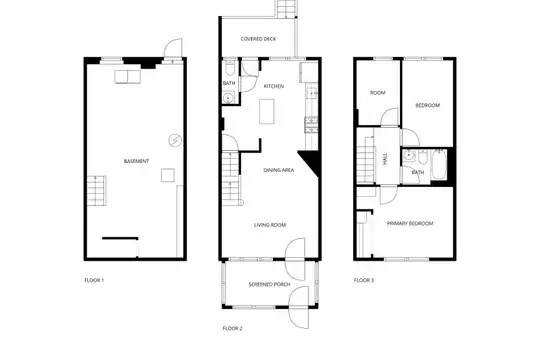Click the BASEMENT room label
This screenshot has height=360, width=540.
[136, 161]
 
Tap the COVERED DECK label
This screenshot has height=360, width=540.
[258, 39]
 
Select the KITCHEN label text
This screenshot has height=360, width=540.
[274, 86]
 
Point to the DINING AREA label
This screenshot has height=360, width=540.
[279, 170]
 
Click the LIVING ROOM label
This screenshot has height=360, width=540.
[270, 225]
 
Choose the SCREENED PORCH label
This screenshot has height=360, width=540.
[269, 285]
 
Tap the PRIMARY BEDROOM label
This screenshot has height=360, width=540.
[410, 224]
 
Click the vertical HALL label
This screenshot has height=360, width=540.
[385, 158]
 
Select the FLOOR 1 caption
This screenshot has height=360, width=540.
[94, 280]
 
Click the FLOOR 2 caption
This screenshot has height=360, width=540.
[232, 329]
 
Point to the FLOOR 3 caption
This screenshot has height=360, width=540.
[364, 280]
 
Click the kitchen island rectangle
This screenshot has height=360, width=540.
[267, 111]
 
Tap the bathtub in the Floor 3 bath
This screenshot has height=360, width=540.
[439, 164]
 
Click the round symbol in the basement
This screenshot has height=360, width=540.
[175, 141]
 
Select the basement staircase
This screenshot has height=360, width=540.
[96, 191]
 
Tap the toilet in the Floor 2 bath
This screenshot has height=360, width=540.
[230, 68]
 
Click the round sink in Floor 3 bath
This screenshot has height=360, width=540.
[409, 155]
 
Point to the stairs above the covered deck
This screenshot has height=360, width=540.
[287, 9]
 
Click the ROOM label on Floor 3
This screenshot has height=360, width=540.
[377, 93]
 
